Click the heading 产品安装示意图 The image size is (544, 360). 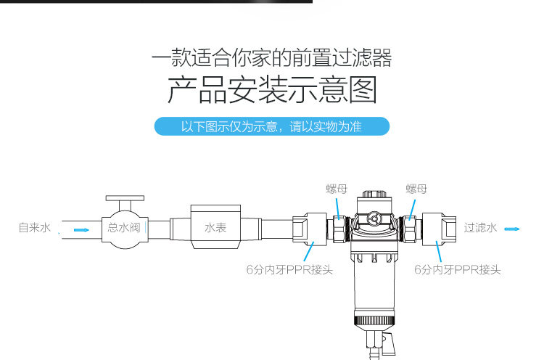coord(272,90)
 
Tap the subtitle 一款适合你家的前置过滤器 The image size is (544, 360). coord(272,57)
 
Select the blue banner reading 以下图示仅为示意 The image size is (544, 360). coord(272,126)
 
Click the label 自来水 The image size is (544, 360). coord(35,228)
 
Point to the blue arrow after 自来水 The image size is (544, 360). coord(81,230)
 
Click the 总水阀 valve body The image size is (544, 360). coord(125,229)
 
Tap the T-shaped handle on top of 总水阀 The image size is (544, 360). coord(125,201)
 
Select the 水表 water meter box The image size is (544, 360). coord(215,226)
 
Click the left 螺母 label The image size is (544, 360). coord(337,189)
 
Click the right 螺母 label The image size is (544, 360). coord(416,189)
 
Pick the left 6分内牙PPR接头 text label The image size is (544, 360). coord(289,269)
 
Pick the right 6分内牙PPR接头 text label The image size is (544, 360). coord(457,269)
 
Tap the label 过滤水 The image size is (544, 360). coord(480,228)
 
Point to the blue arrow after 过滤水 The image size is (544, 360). coord(512,229)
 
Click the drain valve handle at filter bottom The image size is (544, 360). coord(388,344)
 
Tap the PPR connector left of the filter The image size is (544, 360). coord(310,229)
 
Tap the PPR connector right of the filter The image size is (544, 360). coord(439,229)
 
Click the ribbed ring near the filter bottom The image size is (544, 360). coord(374,320)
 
